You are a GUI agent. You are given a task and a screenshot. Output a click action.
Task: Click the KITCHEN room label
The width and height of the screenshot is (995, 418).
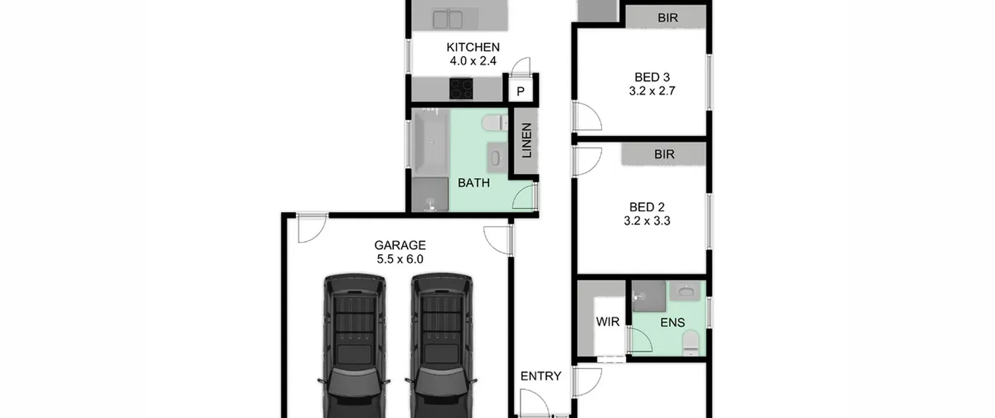[x=473, y=47]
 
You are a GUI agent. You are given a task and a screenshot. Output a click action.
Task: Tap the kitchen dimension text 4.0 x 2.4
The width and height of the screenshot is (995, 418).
[x=473, y=61]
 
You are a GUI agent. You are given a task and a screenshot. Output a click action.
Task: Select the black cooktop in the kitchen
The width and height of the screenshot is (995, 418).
[x=461, y=89]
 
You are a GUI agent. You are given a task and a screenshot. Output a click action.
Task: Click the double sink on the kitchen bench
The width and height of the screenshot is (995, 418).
[x=448, y=19]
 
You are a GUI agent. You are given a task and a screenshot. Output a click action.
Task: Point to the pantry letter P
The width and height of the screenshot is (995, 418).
[x=520, y=91]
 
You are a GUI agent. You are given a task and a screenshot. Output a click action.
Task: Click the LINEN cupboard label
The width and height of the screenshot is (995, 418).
[x=526, y=140]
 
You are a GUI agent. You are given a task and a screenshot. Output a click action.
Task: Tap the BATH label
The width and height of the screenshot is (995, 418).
[x=473, y=183]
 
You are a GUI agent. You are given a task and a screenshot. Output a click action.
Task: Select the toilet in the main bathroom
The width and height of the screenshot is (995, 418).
[x=495, y=123]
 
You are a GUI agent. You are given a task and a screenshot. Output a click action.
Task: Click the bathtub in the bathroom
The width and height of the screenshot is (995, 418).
[x=431, y=143]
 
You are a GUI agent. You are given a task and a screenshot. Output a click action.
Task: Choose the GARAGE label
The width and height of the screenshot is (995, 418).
[x=400, y=245]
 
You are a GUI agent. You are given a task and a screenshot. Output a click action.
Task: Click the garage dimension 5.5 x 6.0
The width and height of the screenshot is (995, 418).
[x=400, y=259]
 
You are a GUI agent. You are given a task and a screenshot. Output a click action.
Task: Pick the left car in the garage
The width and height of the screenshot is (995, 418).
[x=354, y=346]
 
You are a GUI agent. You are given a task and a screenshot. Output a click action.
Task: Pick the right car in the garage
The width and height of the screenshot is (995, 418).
[x=442, y=346]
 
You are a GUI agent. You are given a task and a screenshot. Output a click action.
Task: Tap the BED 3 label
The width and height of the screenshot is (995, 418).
[x=652, y=77]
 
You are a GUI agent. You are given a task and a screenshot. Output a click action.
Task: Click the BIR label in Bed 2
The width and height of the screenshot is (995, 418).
[x=664, y=154]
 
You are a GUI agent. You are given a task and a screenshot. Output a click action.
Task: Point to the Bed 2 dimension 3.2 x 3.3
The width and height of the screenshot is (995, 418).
[x=647, y=221]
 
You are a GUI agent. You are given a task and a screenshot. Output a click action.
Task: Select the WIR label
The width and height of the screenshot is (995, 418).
[x=608, y=322]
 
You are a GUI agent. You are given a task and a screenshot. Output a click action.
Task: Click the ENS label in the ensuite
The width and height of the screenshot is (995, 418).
[x=673, y=322]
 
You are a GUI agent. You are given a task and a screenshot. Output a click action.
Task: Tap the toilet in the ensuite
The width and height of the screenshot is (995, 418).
[x=691, y=343]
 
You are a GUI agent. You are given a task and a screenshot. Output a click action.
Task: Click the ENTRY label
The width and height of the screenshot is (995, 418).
[x=541, y=376]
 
